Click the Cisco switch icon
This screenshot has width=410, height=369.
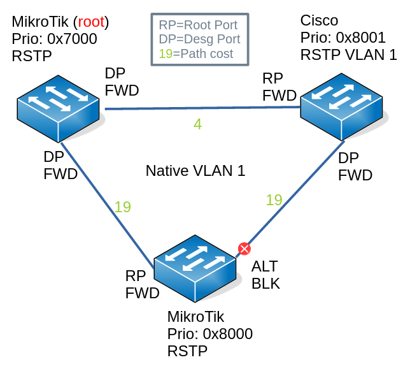(x=343, y=105)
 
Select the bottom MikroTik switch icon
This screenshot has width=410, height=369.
(x=196, y=268)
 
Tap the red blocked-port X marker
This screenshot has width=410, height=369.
(x=243, y=249)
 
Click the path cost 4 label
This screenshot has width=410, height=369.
(x=197, y=124)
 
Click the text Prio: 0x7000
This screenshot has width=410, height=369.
(x=54, y=39)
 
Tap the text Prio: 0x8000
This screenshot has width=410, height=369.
(x=210, y=334)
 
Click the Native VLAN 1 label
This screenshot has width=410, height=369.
(x=195, y=171)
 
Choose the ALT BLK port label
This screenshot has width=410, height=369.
(x=265, y=274)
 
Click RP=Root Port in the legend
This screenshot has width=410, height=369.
(x=198, y=25)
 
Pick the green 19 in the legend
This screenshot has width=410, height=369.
(x=165, y=54)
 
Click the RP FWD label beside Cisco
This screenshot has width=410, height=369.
(x=279, y=87)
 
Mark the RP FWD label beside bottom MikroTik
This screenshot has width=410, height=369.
(x=141, y=284)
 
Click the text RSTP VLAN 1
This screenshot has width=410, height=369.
(x=348, y=55)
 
